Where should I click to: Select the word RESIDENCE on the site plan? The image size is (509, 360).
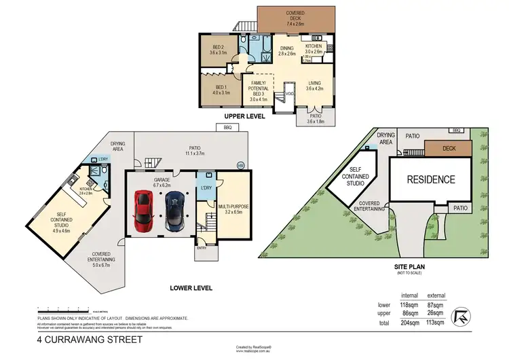coord(430,180)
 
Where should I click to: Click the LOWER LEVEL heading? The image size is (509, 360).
coord(191,288)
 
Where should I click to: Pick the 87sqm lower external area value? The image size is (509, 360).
coord(435,305)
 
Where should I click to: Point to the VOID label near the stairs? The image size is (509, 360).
coord(288,94)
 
